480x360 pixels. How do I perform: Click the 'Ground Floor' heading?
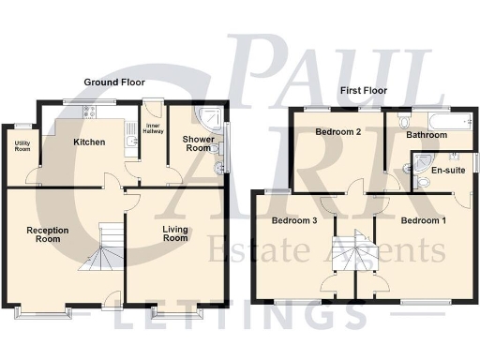(112, 83)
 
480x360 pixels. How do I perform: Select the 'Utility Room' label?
(21, 146)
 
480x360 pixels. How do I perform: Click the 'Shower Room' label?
(198, 143)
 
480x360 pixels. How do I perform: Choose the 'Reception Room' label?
(43, 234)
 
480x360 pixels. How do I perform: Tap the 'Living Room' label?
(175, 234)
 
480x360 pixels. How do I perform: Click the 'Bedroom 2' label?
(338, 132)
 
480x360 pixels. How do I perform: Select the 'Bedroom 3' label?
(294, 221)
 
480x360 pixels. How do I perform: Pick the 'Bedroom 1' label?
(424, 221)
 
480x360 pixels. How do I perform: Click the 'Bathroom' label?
(427, 135)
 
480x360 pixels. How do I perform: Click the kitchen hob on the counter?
(90, 111)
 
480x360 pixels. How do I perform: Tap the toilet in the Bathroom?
(402, 122)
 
